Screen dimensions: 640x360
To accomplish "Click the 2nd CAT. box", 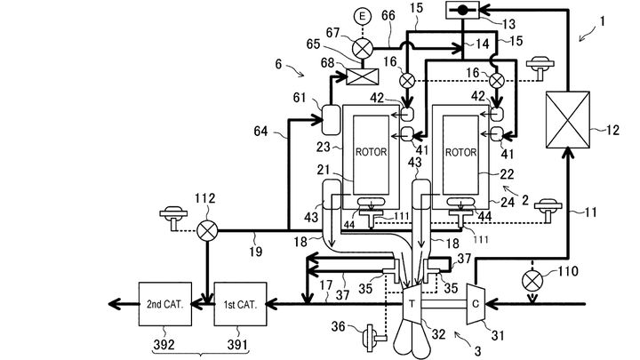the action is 165,304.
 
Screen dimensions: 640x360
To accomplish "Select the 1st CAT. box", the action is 240,304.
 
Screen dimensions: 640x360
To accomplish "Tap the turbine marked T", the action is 412,304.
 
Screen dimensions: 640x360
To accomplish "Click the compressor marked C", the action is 476,304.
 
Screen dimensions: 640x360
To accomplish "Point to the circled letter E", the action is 362,17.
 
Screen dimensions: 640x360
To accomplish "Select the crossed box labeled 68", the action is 362,76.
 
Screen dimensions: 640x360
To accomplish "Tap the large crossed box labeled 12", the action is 568,120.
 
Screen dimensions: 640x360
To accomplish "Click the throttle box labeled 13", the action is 462,10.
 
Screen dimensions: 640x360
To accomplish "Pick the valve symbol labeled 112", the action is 207,231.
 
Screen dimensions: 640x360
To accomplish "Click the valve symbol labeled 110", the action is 532,281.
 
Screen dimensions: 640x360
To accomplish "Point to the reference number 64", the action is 260,131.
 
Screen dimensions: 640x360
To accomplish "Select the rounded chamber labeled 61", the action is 331,120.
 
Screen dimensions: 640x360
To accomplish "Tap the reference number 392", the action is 164,345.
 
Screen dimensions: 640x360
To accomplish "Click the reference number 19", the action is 255,251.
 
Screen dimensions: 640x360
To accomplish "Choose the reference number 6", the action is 278,64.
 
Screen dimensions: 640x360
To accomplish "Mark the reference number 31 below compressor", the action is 498,335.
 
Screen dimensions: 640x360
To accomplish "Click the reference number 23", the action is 324,146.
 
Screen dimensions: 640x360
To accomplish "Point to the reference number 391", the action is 237,345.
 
